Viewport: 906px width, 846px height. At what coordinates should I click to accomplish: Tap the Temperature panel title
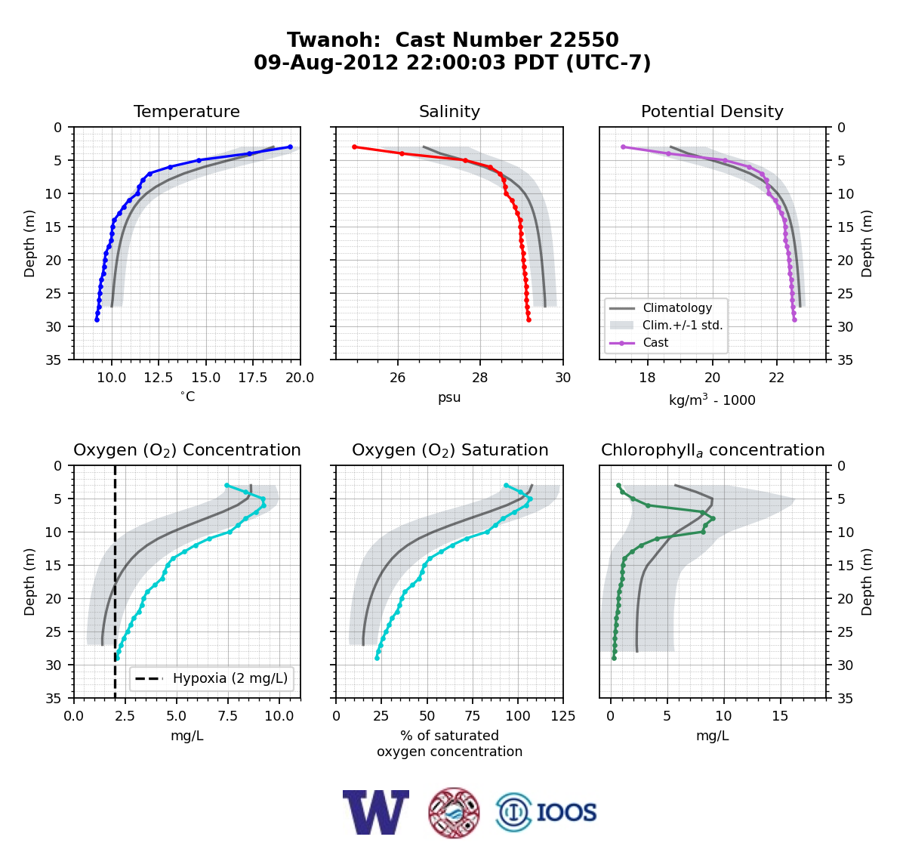coord(186,111)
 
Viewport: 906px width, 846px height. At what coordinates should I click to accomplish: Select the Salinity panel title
coord(449,111)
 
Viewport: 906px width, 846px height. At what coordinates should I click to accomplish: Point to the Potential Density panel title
coord(712,111)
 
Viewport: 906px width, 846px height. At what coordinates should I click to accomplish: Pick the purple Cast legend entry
coord(639,342)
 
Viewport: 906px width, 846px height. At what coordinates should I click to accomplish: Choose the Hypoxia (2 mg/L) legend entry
coord(211,678)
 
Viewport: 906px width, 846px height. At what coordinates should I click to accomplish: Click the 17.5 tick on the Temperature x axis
coord(253,378)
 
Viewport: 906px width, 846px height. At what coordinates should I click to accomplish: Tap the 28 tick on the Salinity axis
coord(480,378)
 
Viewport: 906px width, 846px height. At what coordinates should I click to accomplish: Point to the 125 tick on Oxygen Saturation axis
coord(563,716)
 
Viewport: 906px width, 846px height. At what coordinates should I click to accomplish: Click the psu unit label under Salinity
coord(449,397)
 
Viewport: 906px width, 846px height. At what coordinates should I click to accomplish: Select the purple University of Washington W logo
coord(376,812)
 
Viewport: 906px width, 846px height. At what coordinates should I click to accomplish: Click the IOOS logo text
coord(566,812)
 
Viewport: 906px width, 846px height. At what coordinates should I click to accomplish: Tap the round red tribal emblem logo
coord(454,812)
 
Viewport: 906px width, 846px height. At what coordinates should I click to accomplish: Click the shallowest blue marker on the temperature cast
coord(290,147)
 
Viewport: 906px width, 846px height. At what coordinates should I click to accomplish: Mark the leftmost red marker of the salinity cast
coord(354,147)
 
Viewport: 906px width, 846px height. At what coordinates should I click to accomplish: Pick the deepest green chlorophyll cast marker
coord(614,658)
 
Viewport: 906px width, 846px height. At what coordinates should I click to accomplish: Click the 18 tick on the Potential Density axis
coord(647,378)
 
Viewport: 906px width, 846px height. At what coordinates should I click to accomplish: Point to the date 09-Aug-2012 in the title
coord(326,62)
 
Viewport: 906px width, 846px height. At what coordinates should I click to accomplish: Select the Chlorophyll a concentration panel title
coord(713,450)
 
